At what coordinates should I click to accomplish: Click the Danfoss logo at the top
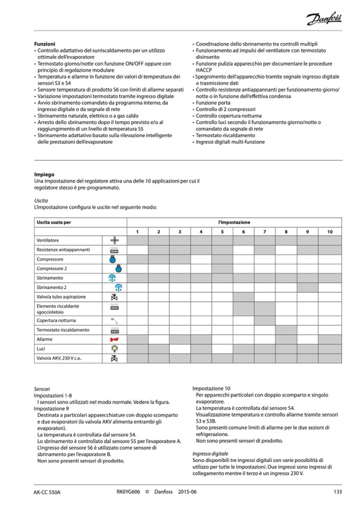pos(323,20)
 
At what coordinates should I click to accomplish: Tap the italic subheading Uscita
pos(41,201)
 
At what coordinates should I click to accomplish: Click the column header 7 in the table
pos(264,231)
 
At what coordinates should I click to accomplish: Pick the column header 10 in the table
pos(329,231)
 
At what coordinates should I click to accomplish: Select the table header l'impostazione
pos(234,222)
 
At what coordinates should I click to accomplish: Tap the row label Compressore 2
pos(52,269)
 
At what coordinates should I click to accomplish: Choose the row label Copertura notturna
pos(56,321)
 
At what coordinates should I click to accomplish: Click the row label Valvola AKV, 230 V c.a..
pos(59,359)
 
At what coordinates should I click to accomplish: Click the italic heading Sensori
pos(42,389)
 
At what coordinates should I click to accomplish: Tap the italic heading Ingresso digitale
pos(210,454)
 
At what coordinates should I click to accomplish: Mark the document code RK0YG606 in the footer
pos(128,492)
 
